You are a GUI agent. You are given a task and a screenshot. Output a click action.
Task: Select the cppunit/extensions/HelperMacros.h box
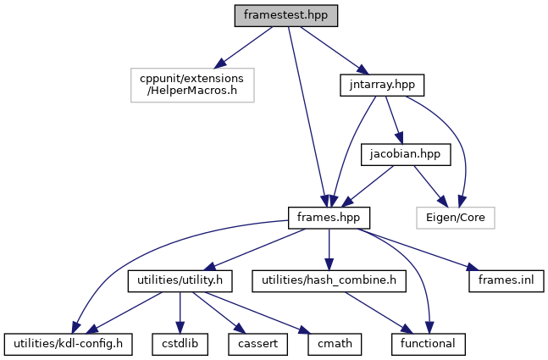coord(192,86)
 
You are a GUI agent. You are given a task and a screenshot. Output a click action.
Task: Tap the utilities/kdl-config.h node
coord(68,344)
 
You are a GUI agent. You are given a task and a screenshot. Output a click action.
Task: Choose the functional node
coord(429,344)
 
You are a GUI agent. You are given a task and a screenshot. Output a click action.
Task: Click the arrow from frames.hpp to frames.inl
coord(423,249)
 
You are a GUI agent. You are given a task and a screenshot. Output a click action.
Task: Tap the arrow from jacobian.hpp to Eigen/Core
coord(432,186)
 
